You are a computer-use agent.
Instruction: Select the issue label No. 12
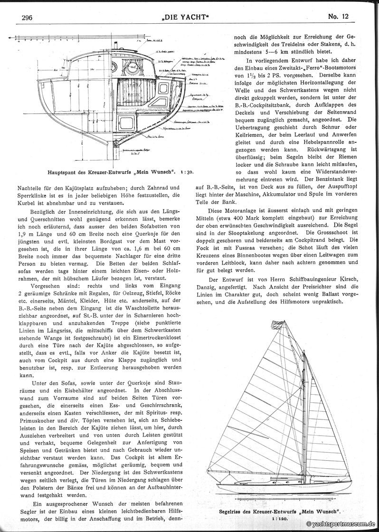coord(338,17)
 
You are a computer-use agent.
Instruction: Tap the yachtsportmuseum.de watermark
coord(341,524)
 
